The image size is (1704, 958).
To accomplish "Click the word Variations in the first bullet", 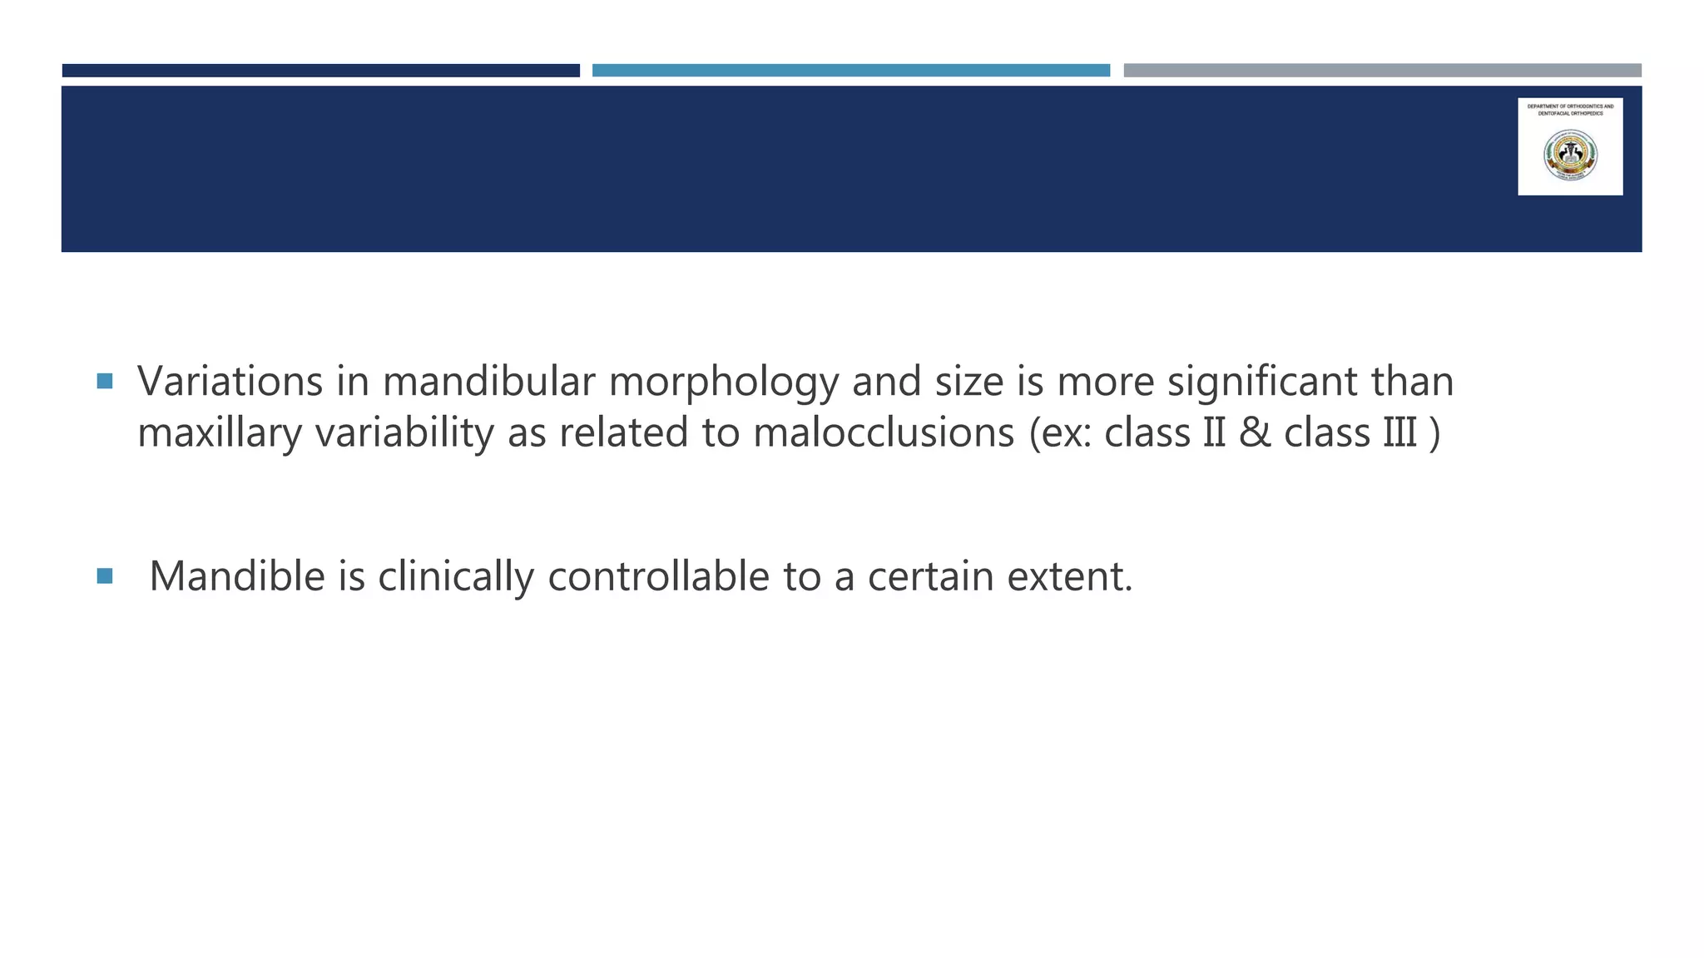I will (x=230, y=382).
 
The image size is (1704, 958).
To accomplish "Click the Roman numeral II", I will (x=1215, y=433).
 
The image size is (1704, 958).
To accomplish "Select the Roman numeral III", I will (x=1399, y=433).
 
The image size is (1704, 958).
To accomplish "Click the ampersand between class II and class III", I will (x=1255, y=433).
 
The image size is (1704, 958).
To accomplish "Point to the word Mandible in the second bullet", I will (x=236, y=576).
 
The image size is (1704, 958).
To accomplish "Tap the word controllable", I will (x=658, y=576).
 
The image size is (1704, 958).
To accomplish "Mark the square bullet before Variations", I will (x=104, y=382).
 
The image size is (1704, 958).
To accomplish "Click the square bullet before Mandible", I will (x=104, y=575).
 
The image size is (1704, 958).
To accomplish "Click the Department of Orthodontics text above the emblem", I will (x=1570, y=110).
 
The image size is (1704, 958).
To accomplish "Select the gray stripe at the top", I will (x=1382, y=71).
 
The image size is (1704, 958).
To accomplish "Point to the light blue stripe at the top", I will (x=850, y=71).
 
